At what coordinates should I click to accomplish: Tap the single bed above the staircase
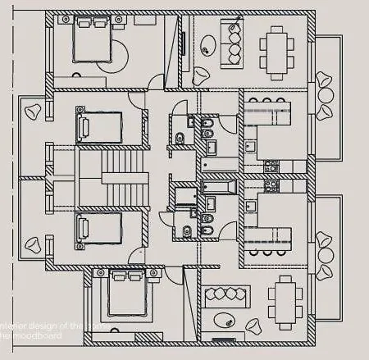coord(98,128)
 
